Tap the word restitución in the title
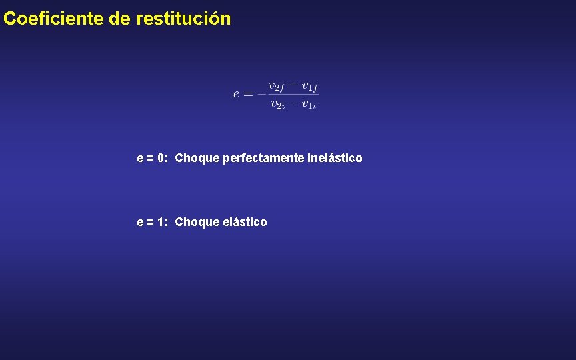coord(183,19)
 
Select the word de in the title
coord(119,19)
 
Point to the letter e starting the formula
coord(236,94)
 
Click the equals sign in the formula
coord(247,94)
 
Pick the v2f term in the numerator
coord(276,86)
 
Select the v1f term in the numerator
coord(309,86)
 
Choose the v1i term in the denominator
coord(309,104)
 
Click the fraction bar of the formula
coord(293,95)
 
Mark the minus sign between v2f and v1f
coord(293,85)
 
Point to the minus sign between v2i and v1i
coord(293,103)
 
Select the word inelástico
coord(335,158)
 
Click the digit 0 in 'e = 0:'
coord(162,159)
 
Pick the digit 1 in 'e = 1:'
coord(162,222)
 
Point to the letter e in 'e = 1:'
coord(140,222)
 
